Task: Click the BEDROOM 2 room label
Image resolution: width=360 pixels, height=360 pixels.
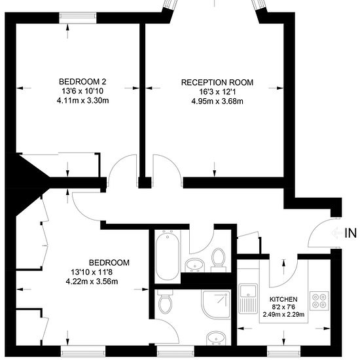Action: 82,82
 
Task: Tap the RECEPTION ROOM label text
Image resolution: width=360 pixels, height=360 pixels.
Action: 217,82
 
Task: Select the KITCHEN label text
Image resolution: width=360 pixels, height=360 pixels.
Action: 283,299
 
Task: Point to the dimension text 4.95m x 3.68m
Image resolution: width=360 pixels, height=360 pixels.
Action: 217,101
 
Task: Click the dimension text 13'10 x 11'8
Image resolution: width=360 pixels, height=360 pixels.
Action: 92,272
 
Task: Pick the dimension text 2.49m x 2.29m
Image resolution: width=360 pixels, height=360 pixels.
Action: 283,314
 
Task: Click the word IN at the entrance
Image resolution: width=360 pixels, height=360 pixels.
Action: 350,233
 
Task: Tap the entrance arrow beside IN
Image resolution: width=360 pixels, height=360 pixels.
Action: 337,233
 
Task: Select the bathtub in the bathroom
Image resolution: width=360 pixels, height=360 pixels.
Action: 168,255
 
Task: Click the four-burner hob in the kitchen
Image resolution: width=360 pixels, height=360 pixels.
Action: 319,301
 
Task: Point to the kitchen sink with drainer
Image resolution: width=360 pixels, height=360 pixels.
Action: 248,299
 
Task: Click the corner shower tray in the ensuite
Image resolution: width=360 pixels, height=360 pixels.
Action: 216,304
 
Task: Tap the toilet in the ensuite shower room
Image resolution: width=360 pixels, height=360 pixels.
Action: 166,302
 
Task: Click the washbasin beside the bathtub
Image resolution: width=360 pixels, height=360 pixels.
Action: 194,265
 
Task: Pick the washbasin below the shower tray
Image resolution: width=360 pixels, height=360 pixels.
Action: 216,338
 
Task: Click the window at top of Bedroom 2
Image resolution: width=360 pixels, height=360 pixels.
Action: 78,18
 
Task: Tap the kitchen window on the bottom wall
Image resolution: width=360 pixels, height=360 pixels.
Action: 284,351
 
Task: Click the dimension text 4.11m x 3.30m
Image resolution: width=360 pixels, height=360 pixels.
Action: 82,101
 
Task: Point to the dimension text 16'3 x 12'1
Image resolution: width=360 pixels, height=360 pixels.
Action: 217,92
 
